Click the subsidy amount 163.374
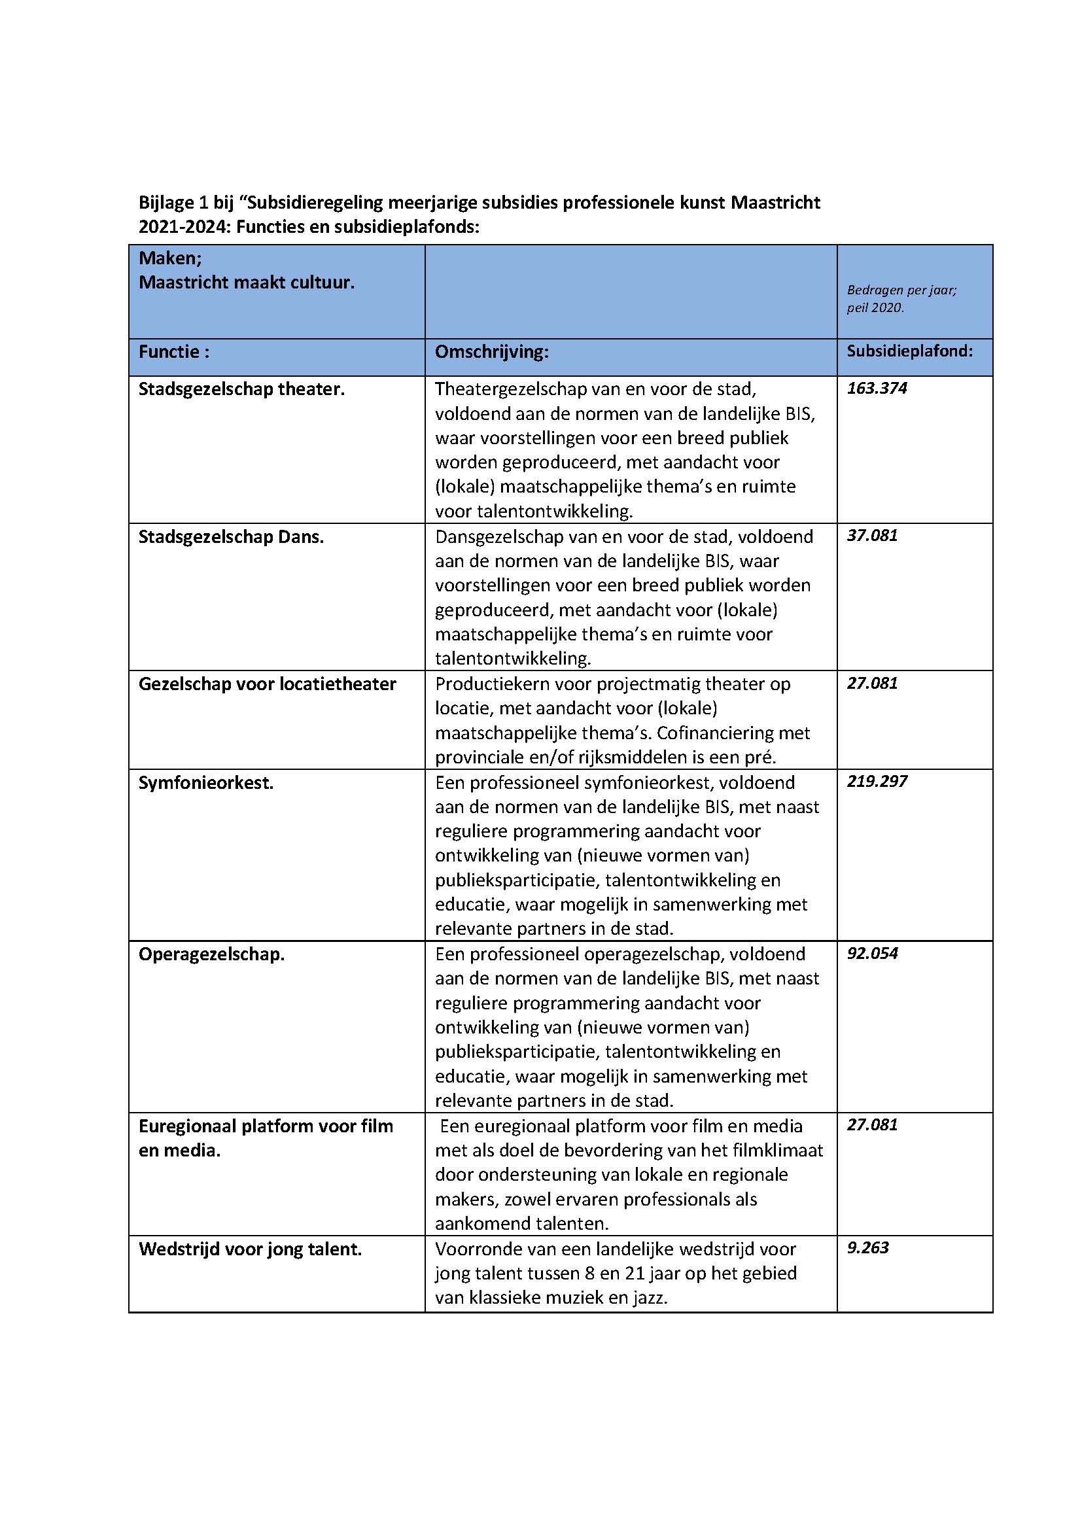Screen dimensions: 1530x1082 (876, 389)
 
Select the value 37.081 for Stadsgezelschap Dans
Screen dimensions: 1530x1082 (871, 536)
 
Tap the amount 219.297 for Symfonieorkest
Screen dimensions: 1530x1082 (876, 781)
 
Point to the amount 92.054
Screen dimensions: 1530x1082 (872, 953)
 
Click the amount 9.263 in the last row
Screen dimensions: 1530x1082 (867, 1247)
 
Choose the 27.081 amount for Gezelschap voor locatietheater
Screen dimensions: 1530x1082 (871, 683)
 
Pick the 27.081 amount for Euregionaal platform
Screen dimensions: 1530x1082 (871, 1125)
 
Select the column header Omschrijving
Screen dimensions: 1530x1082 (491, 352)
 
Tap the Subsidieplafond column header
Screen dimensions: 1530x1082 (909, 351)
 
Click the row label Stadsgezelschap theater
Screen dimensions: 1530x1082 (241, 389)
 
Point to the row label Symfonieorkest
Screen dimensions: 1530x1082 (206, 782)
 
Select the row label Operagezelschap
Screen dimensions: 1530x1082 (211, 954)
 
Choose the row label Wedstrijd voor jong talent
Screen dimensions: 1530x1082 (250, 1249)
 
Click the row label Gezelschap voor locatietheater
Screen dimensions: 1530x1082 (266, 684)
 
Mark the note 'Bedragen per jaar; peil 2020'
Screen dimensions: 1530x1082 (901, 298)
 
